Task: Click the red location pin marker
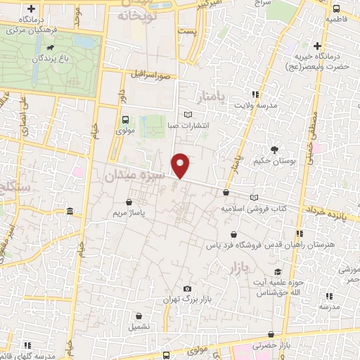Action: pyautogui.click(x=181, y=165)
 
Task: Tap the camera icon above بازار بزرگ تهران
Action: pyautogui.click(x=187, y=288)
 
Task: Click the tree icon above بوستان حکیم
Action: pyautogui.click(x=274, y=149)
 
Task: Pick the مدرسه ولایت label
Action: pyautogui.click(x=256, y=105)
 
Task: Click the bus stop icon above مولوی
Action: pyautogui.click(x=125, y=119)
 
